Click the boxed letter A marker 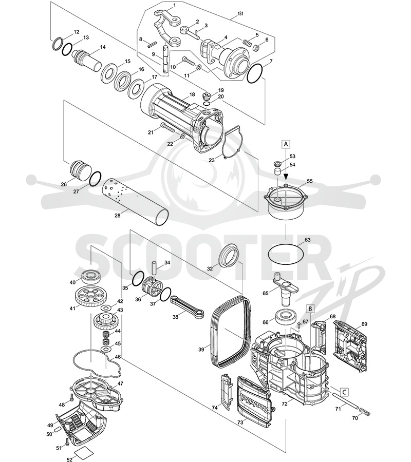tap(286, 144)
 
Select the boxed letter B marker tap(310, 309)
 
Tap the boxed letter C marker tap(344, 392)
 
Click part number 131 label tap(240, 14)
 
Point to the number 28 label tap(117, 216)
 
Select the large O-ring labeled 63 tap(286, 254)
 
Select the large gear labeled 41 tap(90, 297)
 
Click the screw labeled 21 tap(168, 128)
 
